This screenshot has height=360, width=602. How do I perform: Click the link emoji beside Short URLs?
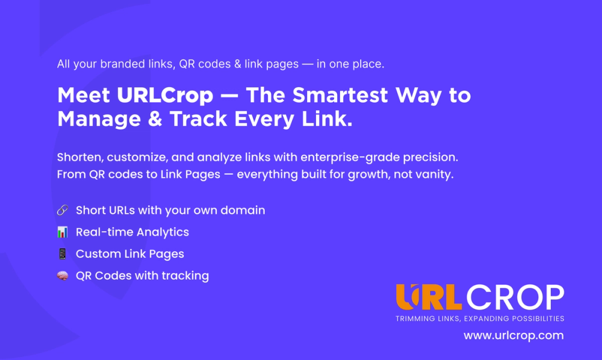(63, 211)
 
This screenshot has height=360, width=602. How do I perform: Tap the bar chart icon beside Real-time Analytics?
(63, 232)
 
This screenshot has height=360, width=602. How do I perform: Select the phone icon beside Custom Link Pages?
(63, 254)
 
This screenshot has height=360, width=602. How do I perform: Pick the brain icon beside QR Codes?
(63, 276)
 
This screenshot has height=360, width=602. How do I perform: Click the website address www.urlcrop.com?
(514, 335)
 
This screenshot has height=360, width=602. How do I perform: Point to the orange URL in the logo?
(429, 298)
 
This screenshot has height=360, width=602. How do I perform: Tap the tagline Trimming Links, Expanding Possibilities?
(479, 318)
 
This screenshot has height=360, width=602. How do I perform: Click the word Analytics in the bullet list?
(162, 232)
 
